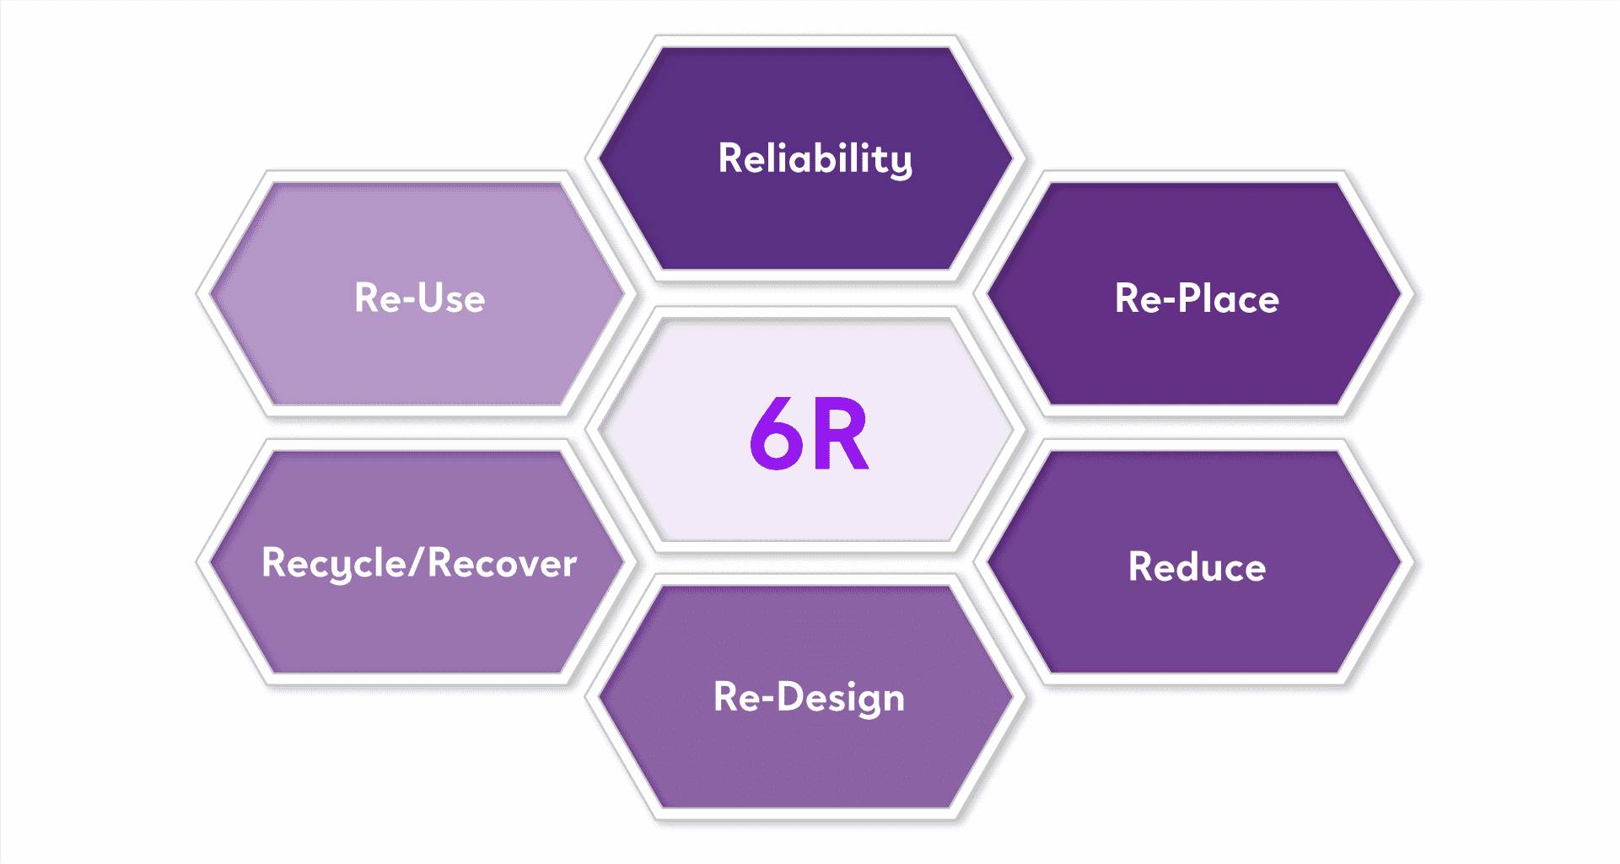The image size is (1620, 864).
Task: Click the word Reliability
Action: pos(815,158)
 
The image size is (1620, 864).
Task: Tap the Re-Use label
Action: pos(419,298)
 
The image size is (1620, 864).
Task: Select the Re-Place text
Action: pos(1197,298)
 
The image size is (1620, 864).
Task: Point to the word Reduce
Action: pos(1197,567)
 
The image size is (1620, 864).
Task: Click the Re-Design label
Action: pos(809,698)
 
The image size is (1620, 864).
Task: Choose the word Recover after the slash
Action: pos(503,564)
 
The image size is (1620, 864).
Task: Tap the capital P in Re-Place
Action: pos(1189,298)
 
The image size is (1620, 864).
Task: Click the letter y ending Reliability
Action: pos(901,163)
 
